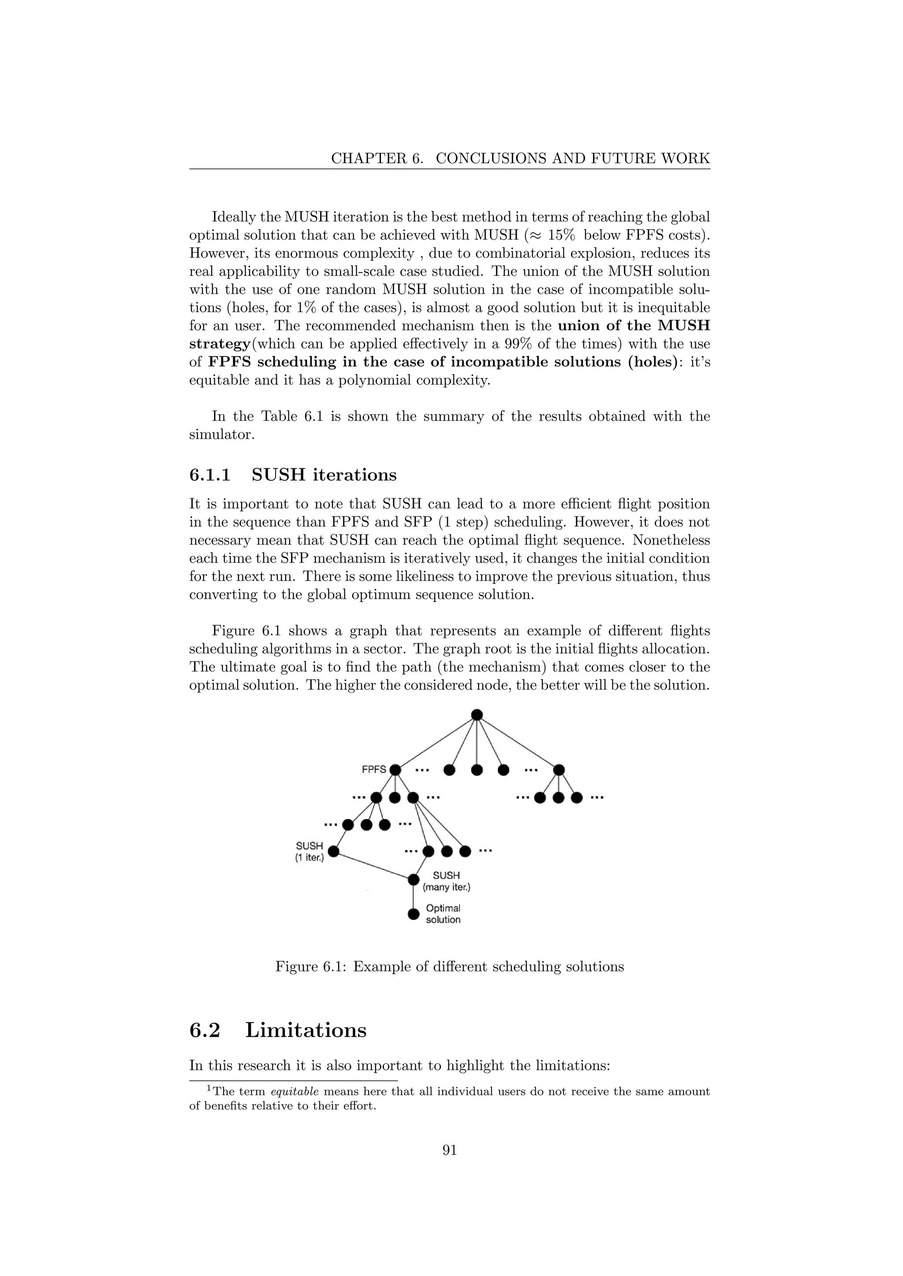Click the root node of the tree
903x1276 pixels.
click(477, 715)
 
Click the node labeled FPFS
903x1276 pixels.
click(396, 770)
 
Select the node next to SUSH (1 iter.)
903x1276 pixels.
click(334, 851)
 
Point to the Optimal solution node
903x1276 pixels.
click(413, 914)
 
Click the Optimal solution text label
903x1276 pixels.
click(443, 914)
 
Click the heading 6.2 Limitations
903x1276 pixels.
click(278, 1030)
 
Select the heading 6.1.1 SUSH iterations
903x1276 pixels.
click(293, 475)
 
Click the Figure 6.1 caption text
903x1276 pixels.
click(449, 966)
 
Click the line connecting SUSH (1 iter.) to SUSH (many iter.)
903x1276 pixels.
click(373, 866)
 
